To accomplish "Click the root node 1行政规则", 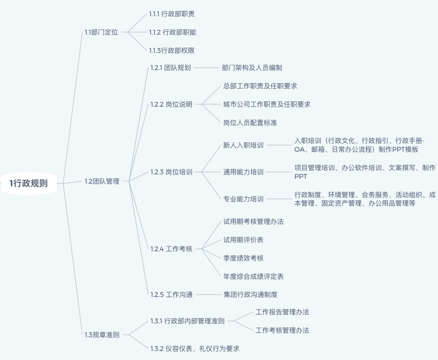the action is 28,183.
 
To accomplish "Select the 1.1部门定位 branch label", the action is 101,32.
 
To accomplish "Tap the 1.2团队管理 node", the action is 102,181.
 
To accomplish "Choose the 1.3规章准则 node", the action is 102,335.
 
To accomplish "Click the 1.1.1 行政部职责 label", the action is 172,14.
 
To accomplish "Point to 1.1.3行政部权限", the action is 172,51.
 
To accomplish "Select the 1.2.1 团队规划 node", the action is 170,68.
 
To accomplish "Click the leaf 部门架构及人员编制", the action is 252,68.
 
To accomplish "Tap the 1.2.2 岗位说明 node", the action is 171,104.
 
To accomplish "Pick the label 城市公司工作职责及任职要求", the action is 267,104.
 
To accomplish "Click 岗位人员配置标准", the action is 250,123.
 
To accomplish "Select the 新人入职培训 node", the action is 243,145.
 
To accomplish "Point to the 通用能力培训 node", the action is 243,172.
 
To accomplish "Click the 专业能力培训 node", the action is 243,199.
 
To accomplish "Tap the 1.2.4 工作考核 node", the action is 171,249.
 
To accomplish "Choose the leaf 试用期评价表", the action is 243,240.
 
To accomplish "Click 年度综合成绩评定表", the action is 253,276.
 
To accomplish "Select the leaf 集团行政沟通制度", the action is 250,295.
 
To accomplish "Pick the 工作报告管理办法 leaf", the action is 282,312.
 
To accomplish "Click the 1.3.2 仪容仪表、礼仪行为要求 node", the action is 195,349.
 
